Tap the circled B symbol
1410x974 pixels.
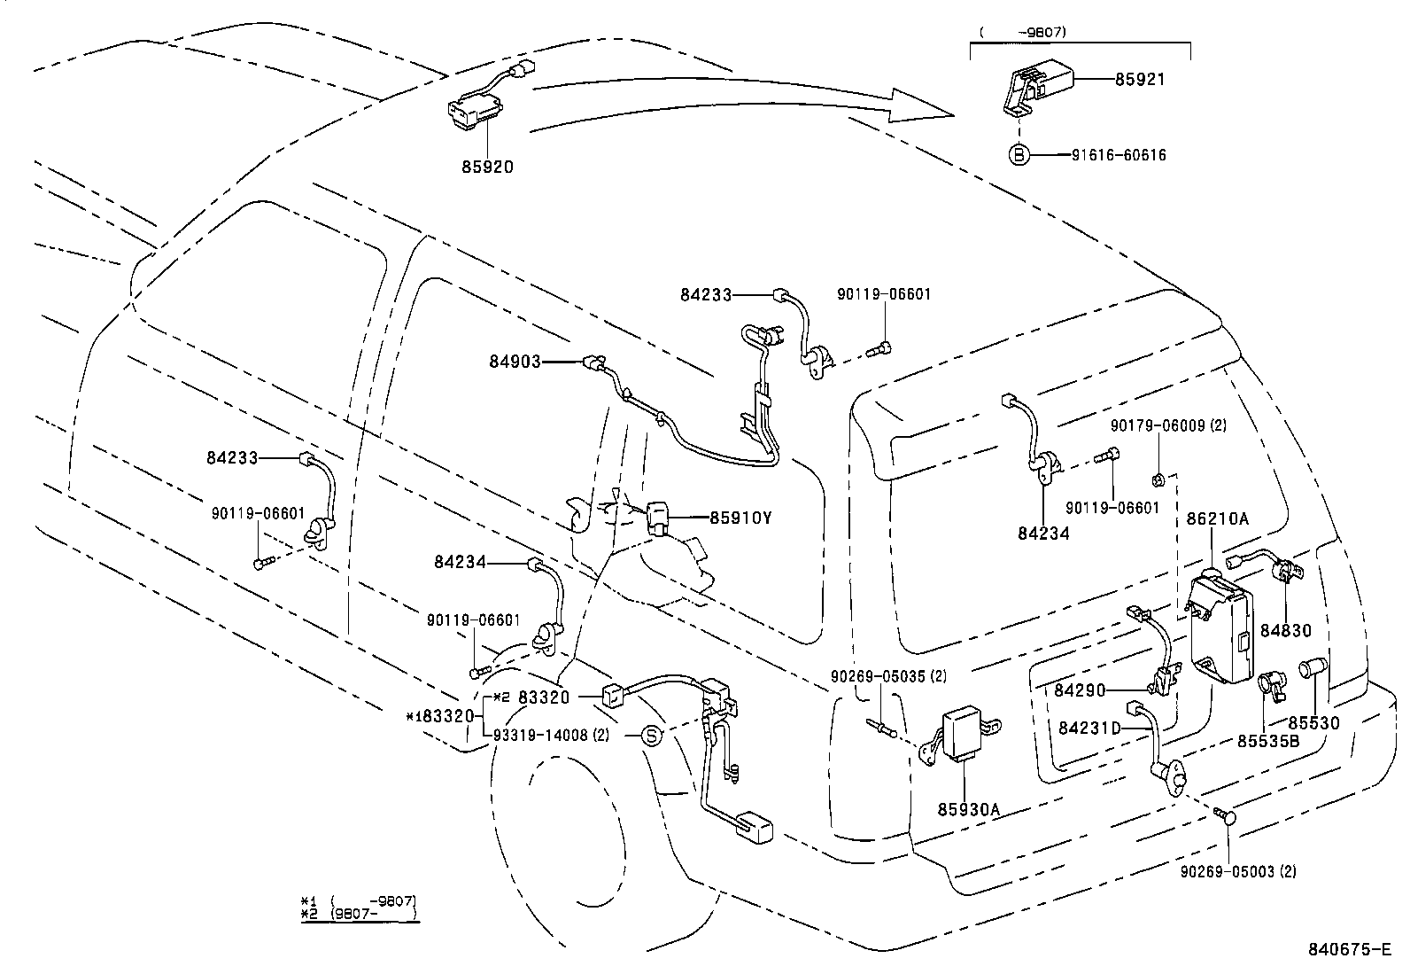click(1019, 155)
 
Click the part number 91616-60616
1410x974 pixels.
click(1119, 155)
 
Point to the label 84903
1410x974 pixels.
click(515, 361)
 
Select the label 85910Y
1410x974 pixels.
click(740, 518)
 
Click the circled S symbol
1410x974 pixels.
click(651, 735)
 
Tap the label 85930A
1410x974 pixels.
click(968, 809)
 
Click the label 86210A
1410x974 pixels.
click(1217, 519)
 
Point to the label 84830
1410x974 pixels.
click(1285, 631)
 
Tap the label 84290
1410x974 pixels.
click(1080, 689)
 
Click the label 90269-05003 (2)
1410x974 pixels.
click(1238, 872)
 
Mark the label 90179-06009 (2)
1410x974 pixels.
click(1168, 425)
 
